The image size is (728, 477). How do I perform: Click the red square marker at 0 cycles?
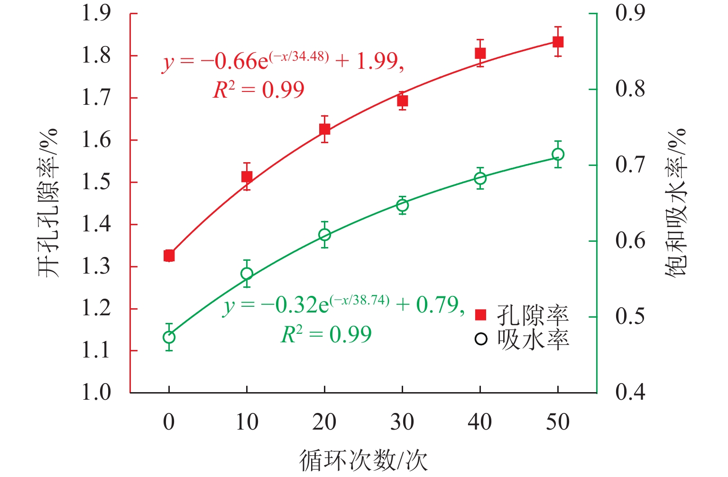pyautogui.click(x=169, y=256)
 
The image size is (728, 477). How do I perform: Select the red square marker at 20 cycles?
pyautogui.click(x=324, y=129)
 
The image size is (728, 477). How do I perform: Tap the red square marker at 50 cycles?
pyautogui.click(x=558, y=42)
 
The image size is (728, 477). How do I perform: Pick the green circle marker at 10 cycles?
pyautogui.click(x=247, y=274)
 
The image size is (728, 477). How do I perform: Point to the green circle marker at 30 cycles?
pyautogui.click(x=402, y=205)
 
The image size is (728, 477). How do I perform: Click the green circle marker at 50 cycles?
pyautogui.click(x=558, y=155)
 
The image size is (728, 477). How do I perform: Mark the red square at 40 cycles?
pyautogui.click(x=480, y=53)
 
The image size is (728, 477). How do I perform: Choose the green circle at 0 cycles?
pyautogui.click(x=169, y=337)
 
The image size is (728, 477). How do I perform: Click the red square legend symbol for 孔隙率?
pyautogui.click(x=481, y=315)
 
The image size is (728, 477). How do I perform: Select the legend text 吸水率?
pyautogui.click(x=533, y=339)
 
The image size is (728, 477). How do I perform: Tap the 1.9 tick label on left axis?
pyautogui.click(x=96, y=13)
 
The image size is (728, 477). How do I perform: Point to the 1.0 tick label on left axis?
pyautogui.click(x=96, y=393)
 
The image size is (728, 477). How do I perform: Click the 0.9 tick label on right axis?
pyautogui.click(x=630, y=13)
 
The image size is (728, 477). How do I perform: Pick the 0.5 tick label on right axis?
pyautogui.click(x=630, y=317)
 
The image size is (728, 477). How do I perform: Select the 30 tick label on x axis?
pyautogui.click(x=402, y=422)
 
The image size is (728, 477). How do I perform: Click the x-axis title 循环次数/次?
pyautogui.click(x=363, y=460)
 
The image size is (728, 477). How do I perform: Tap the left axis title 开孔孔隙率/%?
pyautogui.click(x=48, y=203)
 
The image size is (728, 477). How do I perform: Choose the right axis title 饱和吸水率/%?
pyautogui.click(x=675, y=203)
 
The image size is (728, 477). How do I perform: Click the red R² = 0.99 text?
pyautogui.click(x=258, y=90)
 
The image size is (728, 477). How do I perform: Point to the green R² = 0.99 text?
pyautogui.click(x=326, y=335)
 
